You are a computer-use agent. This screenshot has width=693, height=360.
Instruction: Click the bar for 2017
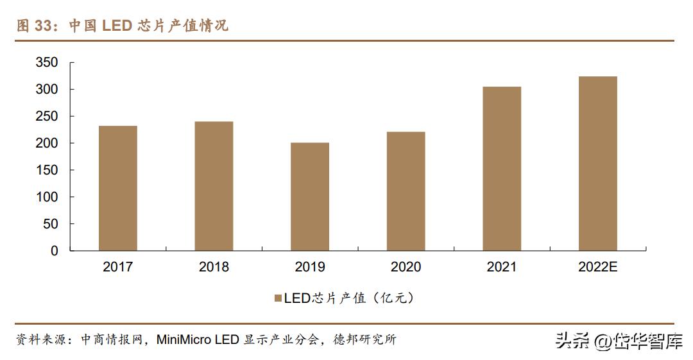click(117, 188)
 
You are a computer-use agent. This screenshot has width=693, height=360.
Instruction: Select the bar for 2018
click(214, 186)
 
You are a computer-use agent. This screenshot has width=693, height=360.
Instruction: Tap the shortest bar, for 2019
click(310, 196)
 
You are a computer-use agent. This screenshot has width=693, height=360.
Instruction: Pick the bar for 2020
click(406, 191)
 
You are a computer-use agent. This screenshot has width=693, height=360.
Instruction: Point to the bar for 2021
click(502, 169)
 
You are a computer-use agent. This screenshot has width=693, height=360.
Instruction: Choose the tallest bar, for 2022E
click(597, 164)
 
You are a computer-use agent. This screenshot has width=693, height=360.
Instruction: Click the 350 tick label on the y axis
click(46, 63)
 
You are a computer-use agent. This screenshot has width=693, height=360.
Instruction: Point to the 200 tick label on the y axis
click(46, 143)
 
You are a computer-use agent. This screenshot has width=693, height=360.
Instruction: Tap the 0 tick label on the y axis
click(55, 251)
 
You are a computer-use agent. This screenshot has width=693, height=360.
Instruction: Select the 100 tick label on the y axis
click(46, 197)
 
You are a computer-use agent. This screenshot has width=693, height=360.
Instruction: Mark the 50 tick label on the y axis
click(50, 224)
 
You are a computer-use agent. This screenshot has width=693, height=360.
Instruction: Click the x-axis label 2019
click(310, 267)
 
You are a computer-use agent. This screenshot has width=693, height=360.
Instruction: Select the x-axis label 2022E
click(597, 267)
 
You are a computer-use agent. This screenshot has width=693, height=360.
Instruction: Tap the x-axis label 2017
click(117, 267)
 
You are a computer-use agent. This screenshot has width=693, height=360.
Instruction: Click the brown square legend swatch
click(278, 298)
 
